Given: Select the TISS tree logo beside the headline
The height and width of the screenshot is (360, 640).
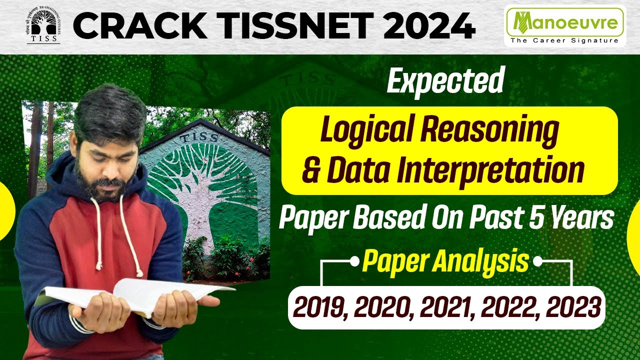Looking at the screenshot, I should coord(43,25).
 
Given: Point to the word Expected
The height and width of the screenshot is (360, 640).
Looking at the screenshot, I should coord(444,82).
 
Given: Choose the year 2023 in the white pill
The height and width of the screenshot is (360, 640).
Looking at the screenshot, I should coord(572,307).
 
